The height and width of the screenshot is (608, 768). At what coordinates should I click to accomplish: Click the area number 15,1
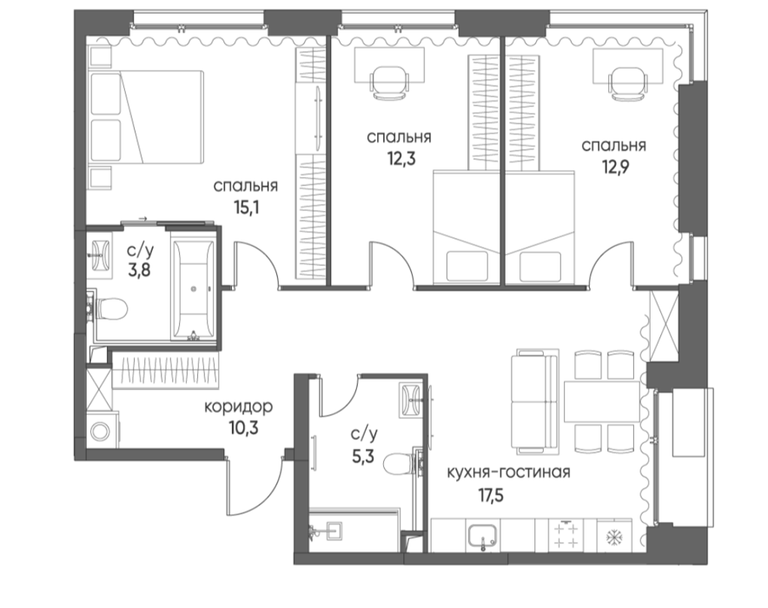click(247, 208)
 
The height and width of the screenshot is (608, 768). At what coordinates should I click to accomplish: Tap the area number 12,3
click(401, 158)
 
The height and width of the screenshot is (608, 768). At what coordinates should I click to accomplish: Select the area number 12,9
click(615, 167)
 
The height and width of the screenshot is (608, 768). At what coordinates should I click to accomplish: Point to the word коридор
click(238, 406)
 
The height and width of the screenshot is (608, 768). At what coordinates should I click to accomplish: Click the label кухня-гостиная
click(508, 473)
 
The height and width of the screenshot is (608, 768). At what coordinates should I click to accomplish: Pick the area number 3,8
click(140, 269)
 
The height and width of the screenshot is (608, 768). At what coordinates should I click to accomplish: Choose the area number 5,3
click(363, 456)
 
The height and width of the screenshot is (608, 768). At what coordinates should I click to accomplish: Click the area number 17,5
click(491, 495)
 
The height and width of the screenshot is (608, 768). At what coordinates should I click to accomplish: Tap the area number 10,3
click(243, 428)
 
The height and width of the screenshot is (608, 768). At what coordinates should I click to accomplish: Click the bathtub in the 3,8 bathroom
click(194, 289)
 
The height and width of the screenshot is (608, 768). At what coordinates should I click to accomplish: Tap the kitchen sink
click(483, 536)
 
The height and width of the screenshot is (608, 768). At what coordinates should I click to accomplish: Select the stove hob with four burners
click(566, 535)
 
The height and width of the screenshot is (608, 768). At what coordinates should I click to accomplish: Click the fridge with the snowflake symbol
click(614, 536)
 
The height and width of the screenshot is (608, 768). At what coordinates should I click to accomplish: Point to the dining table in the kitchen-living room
click(602, 402)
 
